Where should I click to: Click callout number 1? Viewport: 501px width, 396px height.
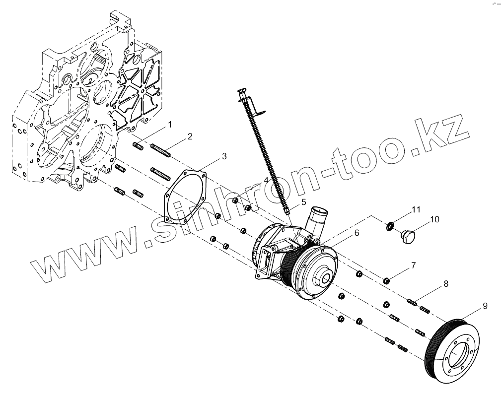pyautogui.click(x=169, y=125)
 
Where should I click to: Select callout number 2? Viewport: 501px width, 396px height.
pyautogui.click(x=190, y=136)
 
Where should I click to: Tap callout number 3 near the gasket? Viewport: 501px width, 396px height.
pyautogui.click(x=224, y=156)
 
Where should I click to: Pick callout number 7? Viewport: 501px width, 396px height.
pyautogui.click(x=413, y=266)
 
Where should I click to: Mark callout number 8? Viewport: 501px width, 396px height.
pyautogui.click(x=445, y=284)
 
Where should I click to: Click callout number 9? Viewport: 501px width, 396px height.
pyautogui.click(x=485, y=306)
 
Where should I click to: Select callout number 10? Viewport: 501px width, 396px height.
pyautogui.click(x=434, y=218)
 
